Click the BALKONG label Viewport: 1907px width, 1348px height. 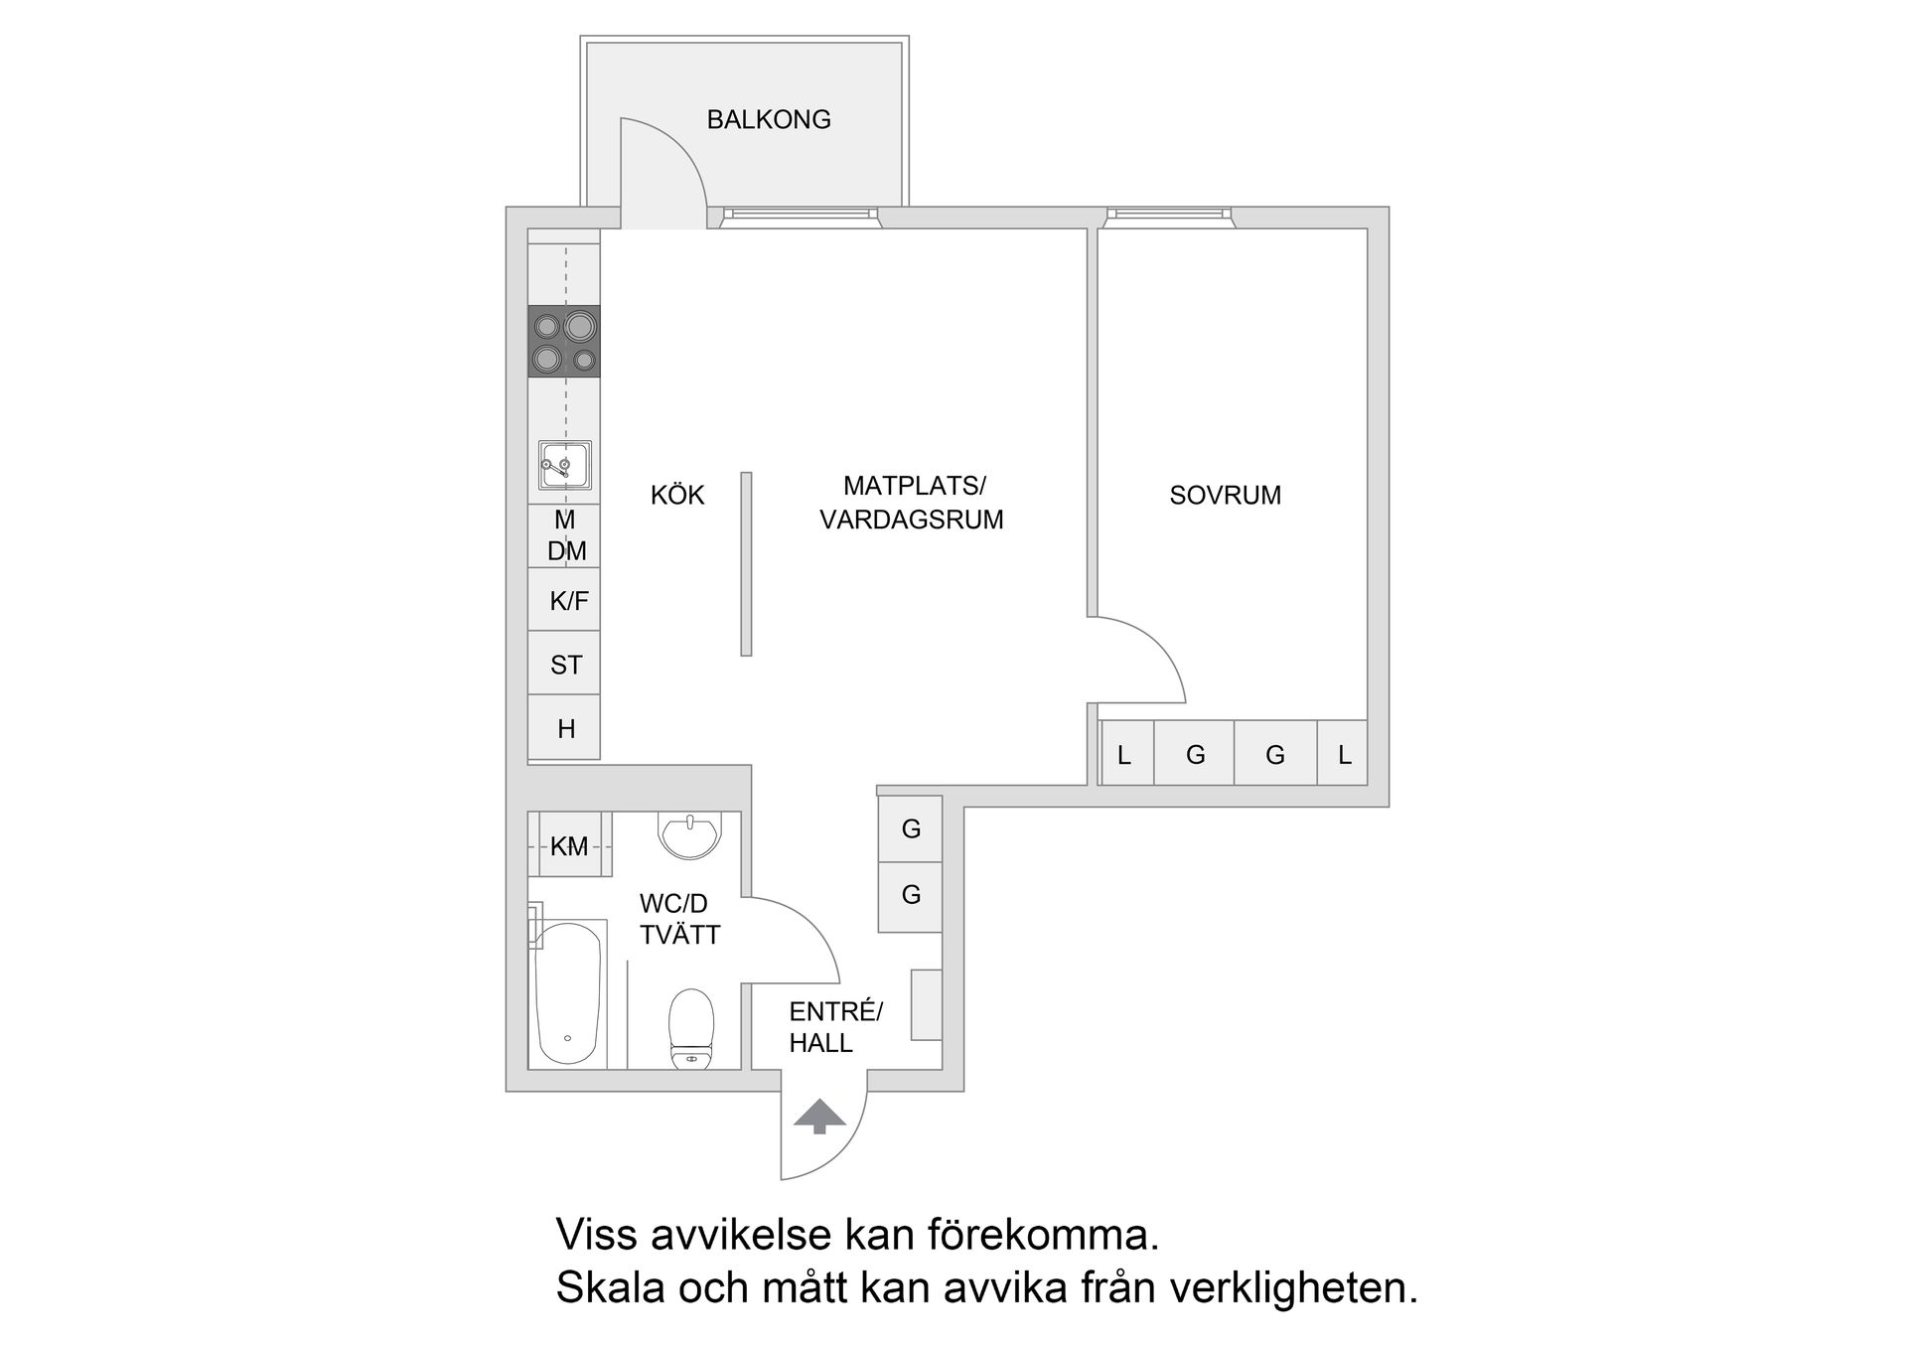tap(768, 119)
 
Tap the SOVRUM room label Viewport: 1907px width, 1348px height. tap(1225, 495)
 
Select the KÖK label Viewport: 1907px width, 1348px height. tap(677, 495)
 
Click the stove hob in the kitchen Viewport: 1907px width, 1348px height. tap(564, 341)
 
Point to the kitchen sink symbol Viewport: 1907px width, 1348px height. tap(565, 465)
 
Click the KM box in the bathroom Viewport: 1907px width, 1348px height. tap(569, 845)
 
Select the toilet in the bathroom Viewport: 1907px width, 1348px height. tap(691, 1026)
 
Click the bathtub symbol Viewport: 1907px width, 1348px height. tap(567, 993)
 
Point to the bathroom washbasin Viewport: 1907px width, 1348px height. tap(689, 835)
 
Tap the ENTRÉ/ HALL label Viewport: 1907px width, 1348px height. tap(834, 1027)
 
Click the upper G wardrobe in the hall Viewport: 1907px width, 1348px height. tap(910, 828)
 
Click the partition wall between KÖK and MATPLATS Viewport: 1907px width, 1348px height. tap(746, 563)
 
